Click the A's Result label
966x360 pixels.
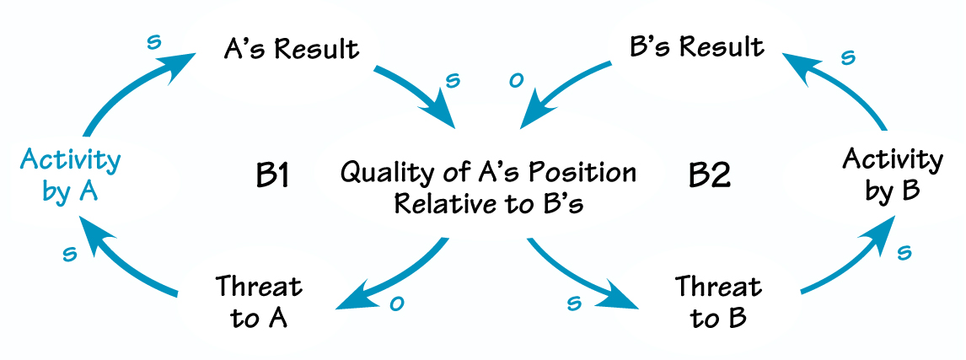coord(291,48)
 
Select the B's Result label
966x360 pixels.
coord(697,46)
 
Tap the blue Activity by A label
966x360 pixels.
coord(71,175)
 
